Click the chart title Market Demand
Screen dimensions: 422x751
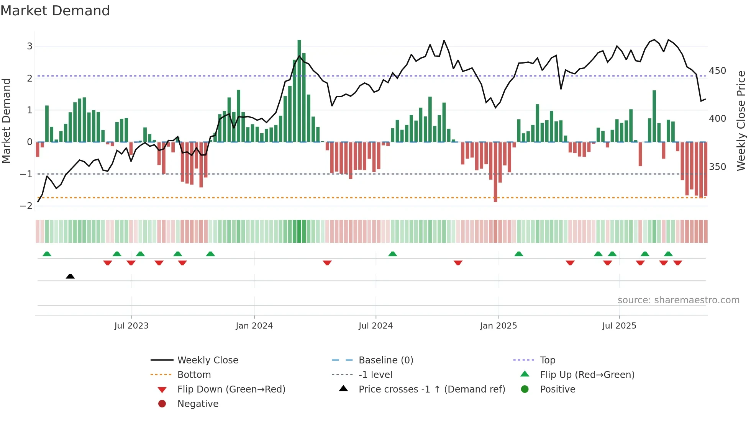click(x=55, y=11)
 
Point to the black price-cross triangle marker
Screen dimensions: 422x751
click(x=70, y=276)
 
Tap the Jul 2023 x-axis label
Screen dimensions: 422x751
click(x=131, y=326)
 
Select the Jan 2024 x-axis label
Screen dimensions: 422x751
click(x=254, y=326)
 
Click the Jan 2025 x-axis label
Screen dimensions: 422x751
click(x=498, y=326)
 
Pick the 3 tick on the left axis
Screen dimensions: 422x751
click(x=30, y=46)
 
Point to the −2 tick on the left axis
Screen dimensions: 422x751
click(x=26, y=206)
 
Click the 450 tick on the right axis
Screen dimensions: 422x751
click(x=717, y=71)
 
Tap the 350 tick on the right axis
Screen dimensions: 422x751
click(x=717, y=167)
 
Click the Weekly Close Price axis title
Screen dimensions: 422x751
click(x=741, y=121)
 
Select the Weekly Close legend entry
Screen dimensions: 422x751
click(x=207, y=360)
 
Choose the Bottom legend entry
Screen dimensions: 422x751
click(x=194, y=375)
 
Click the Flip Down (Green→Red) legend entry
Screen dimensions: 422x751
click(x=231, y=389)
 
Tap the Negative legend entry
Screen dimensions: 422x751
click(x=198, y=404)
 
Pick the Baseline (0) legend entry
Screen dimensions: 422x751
click(x=385, y=360)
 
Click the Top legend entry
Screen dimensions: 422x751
click(x=548, y=360)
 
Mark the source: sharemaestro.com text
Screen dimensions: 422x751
click(x=678, y=300)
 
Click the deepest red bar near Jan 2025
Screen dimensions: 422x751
click(x=495, y=172)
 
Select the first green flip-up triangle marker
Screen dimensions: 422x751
click(x=47, y=254)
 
